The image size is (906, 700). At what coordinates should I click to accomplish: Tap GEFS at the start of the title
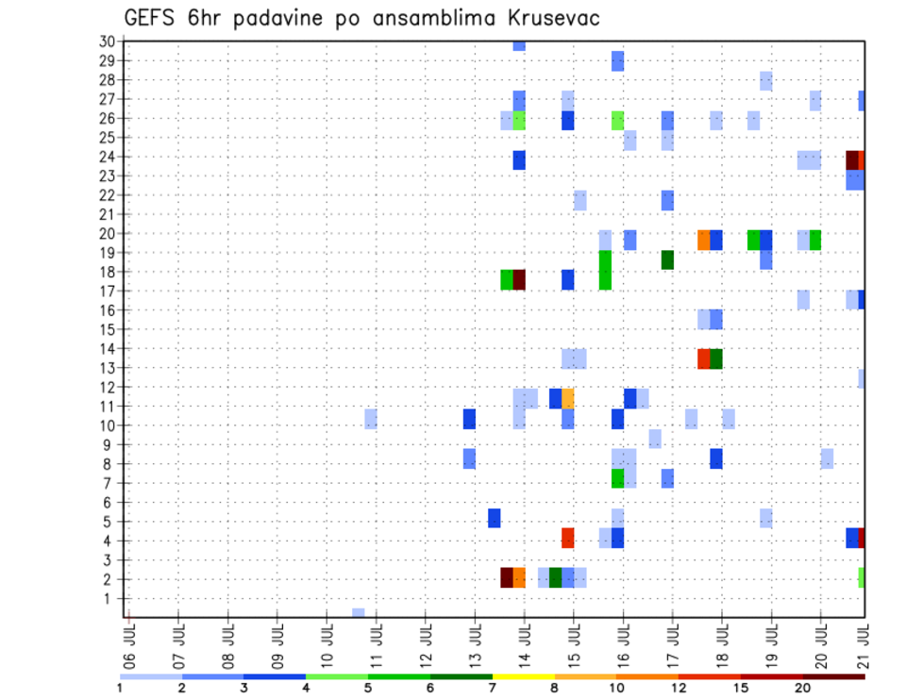point(153,18)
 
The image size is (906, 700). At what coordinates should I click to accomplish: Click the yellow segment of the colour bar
point(523,676)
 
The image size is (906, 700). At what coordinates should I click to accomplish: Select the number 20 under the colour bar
point(803,688)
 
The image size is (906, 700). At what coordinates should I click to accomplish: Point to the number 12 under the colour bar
point(679,688)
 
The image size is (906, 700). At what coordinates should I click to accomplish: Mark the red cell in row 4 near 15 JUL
point(568,538)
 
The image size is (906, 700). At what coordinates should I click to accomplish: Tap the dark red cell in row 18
point(519,280)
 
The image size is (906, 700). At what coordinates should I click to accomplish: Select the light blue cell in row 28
point(766,80)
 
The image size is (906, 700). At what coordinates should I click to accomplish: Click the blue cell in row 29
point(617,61)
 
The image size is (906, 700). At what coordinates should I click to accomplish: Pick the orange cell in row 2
point(519,577)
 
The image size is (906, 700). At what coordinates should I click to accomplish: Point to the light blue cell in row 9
point(655,439)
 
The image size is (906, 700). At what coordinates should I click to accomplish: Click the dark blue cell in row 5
point(494,518)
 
